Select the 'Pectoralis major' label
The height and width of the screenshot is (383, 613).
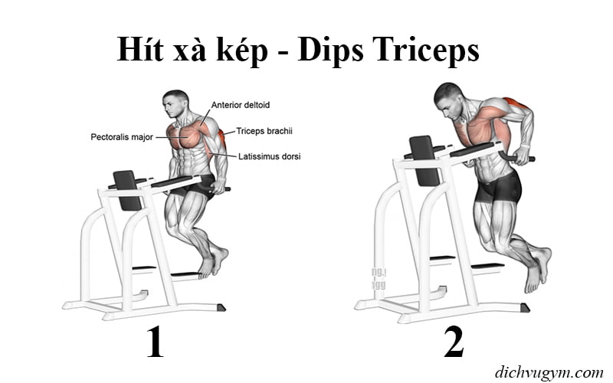point(120,138)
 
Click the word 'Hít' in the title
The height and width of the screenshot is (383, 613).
point(141,51)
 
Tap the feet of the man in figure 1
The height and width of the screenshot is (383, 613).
point(211,264)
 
